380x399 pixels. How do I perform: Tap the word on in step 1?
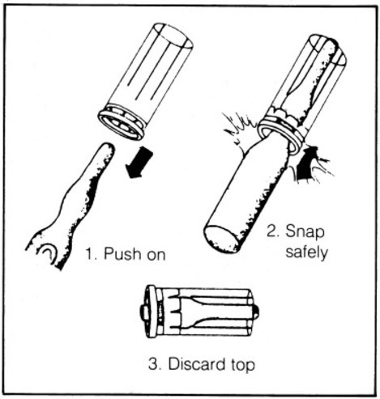pos(156,256)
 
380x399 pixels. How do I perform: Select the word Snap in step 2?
pos(305,232)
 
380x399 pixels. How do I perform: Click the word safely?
pos(306,253)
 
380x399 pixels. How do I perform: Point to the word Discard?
pos(197,364)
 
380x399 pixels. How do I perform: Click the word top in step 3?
pos(243,365)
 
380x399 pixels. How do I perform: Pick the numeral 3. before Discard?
pos(156,364)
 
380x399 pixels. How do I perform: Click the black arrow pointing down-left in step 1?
pos(139,163)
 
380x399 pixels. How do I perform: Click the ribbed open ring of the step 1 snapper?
pos(122,122)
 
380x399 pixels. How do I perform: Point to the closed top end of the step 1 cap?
pos(173,36)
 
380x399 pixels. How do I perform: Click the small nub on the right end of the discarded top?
pos(257,312)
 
